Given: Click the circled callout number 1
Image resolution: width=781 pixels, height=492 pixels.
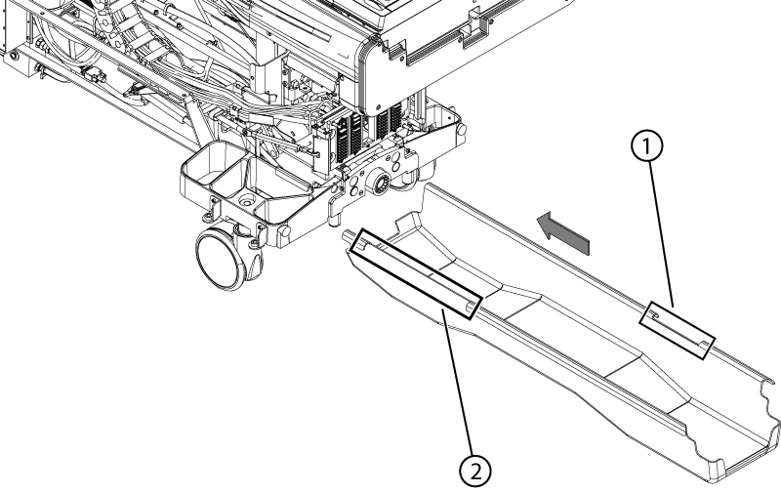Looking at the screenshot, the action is click(647, 145).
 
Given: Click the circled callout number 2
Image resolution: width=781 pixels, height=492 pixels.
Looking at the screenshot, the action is click(475, 471).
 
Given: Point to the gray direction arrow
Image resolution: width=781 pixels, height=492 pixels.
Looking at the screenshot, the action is click(563, 232).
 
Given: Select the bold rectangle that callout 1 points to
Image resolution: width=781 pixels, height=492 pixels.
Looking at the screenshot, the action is click(677, 330).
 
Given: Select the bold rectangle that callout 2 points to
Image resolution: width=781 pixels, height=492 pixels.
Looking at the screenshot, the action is click(415, 274).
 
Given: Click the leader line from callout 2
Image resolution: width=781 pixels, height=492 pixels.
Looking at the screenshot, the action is click(457, 382).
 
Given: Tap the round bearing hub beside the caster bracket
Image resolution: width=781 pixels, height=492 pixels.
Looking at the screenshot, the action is click(380, 184).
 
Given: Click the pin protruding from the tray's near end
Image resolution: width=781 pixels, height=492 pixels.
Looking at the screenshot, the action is click(348, 236).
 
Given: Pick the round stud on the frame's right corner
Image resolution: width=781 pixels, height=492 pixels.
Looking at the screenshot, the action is click(462, 130).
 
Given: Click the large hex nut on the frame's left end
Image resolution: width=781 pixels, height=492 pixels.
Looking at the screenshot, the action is click(41, 48).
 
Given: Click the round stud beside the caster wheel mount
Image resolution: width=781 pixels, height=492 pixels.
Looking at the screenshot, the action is click(283, 232).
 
